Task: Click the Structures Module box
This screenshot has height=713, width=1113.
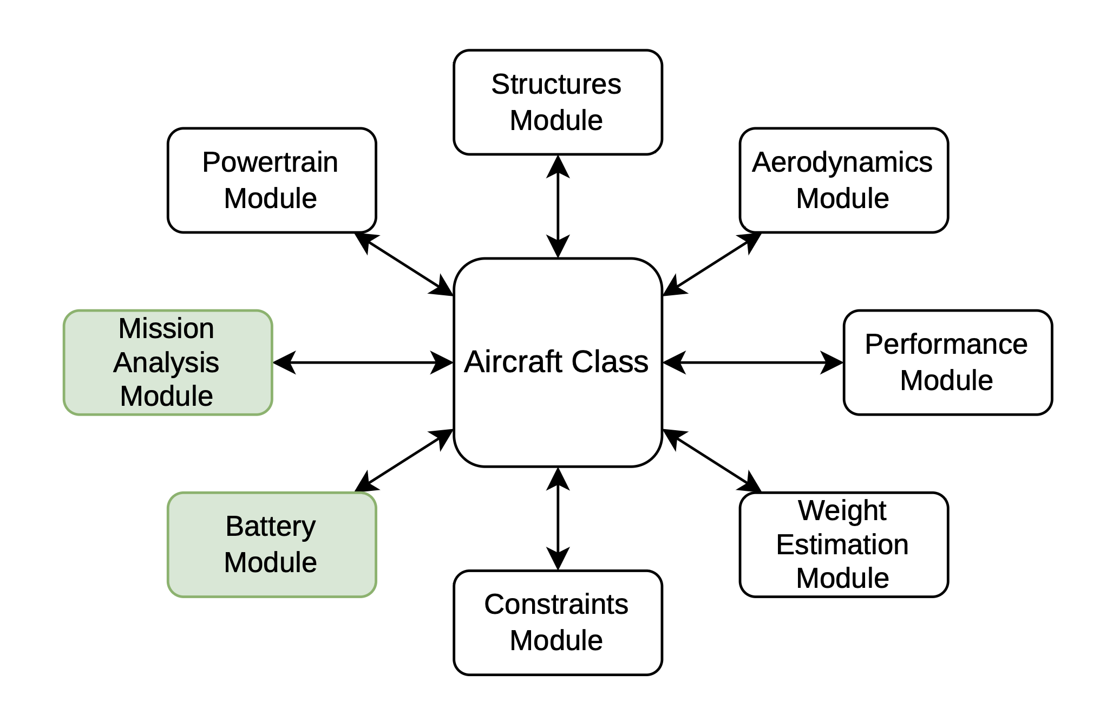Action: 558,102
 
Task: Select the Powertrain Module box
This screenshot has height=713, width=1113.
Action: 272,180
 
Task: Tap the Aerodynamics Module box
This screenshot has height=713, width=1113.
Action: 843,180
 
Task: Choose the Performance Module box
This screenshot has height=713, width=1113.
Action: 947,362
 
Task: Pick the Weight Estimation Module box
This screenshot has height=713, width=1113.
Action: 843,545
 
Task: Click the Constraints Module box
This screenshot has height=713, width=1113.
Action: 558,623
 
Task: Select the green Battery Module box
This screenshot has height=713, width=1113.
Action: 272,545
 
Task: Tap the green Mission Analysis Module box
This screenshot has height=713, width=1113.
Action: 168,362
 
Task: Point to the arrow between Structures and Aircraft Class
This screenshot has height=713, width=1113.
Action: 558,206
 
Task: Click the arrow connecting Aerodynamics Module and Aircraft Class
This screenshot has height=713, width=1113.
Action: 712,264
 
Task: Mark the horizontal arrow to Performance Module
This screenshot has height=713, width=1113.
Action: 752,362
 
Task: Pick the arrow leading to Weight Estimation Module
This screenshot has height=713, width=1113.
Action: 712,461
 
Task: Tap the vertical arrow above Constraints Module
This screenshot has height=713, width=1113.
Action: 558,518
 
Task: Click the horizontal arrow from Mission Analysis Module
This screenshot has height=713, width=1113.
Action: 363,362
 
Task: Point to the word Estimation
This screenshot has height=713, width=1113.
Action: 842,545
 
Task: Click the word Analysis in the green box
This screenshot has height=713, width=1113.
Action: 166,362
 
